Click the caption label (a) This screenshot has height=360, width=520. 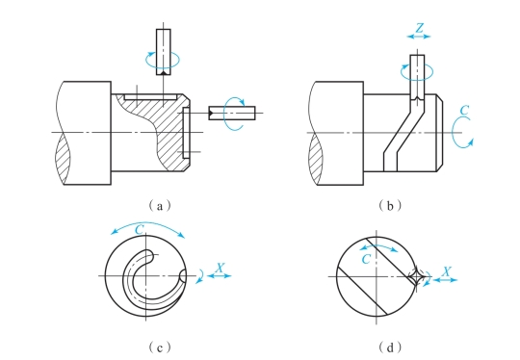pos(160,206)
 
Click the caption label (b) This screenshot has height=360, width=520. pos(390,206)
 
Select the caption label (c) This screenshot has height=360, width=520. pos(160,347)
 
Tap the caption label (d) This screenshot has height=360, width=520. pos(390,347)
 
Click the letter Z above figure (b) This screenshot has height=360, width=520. pos(419,28)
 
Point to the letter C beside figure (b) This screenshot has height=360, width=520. pos(465,110)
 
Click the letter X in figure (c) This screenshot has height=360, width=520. pos(220,268)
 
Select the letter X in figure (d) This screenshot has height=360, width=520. pos(447,271)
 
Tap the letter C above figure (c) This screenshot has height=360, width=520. pos(140,229)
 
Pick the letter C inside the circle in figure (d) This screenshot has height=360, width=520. pos(366,259)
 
